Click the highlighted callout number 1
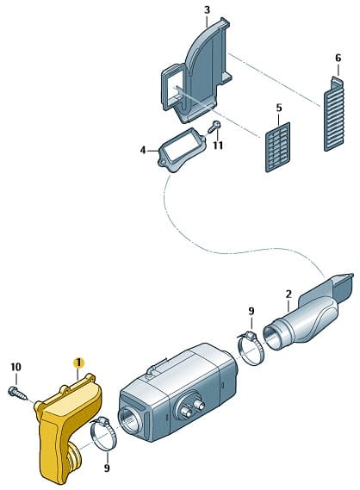pos(78,363)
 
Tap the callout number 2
pos(289,294)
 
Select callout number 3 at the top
pos(207,10)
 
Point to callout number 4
pos(143,151)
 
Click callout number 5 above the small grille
pos(279,108)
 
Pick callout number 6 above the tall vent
pos(338,58)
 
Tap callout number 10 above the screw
pos(16,367)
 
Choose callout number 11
pos(218,146)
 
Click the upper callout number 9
pos(251,311)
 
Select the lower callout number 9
pos(107,468)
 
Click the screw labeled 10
pos(18,394)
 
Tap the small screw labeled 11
pos(214,127)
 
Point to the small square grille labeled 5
pos(277,147)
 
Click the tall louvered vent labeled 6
pos(334,114)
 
